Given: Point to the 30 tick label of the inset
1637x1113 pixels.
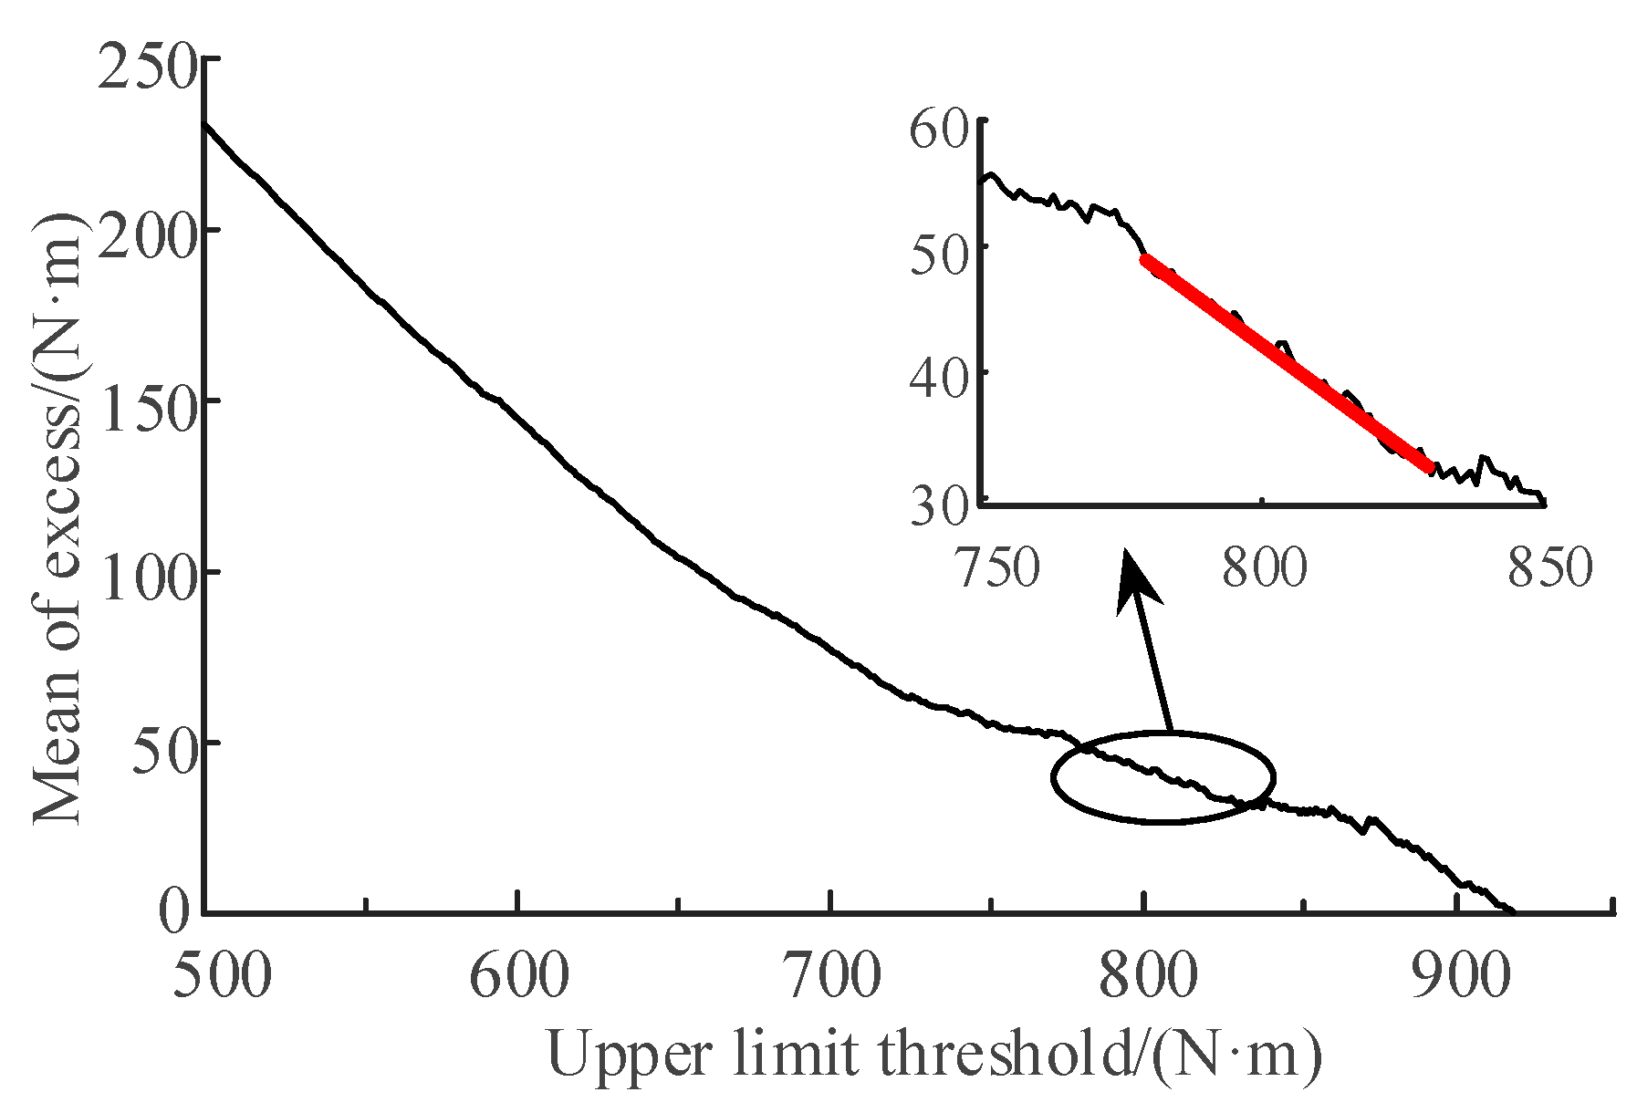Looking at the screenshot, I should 938,504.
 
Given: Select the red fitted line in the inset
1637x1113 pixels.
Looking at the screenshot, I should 1286,362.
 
